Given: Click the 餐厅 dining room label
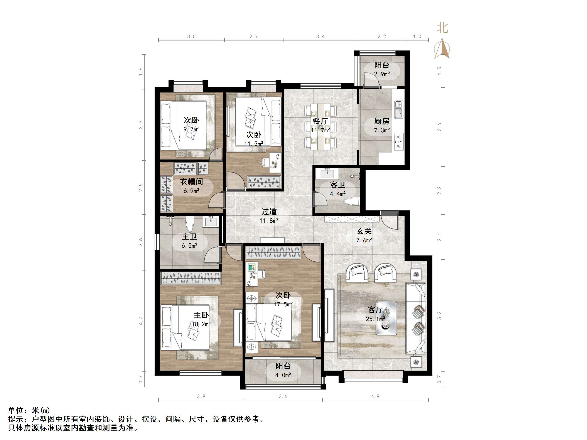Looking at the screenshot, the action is (320, 121).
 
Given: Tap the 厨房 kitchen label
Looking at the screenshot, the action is (382, 121).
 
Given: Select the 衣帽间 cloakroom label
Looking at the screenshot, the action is (191, 182).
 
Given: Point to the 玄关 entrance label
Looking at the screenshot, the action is (364, 231).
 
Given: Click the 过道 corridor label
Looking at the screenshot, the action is (269, 211).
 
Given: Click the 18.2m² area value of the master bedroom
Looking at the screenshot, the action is (201, 324).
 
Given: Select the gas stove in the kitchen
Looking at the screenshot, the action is (399, 142).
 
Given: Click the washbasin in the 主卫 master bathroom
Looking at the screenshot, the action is (211, 222).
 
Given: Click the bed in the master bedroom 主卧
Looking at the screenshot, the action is (185, 327).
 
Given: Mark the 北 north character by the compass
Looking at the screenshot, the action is (442, 28).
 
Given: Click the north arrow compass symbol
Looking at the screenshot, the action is (442, 48).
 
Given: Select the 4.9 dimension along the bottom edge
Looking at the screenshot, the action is (375, 396).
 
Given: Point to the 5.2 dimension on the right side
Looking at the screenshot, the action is (439, 316).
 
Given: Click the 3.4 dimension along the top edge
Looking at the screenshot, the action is (320, 36).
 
